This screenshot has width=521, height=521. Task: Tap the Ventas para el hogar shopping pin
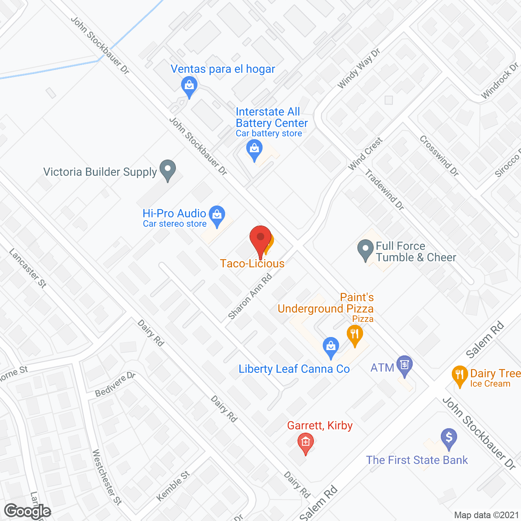click(x=189, y=86)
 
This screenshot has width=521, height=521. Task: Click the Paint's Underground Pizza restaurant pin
click(x=355, y=335)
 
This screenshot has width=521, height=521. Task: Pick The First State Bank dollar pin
click(x=449, y=438)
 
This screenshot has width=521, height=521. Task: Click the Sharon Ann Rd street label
click(x=250, y=297)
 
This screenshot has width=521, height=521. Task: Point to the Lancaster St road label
click(x=28, y=268)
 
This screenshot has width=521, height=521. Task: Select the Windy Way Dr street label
click(x=359, y=68)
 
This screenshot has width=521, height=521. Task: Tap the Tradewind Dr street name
click(x=384, y=190)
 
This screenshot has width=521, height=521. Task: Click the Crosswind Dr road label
click(x=439, y=156)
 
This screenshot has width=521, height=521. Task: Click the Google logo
click(x=28, y=511)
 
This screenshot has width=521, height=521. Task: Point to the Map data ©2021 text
click(x=486, y=515)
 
